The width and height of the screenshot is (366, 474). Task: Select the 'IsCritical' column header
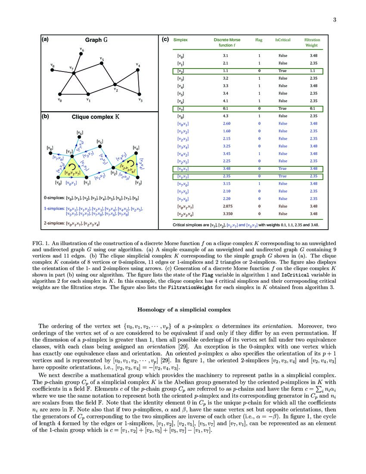[283, 40]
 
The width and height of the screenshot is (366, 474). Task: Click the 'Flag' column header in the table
[259, 40]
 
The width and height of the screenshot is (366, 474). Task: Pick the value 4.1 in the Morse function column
[226, 101]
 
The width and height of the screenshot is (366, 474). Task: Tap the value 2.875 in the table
[226, 206]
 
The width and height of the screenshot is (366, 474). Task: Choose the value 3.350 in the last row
[226, 214]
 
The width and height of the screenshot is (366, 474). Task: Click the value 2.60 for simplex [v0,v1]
[226, 124]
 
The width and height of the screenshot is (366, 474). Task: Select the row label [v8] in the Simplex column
[181, 116]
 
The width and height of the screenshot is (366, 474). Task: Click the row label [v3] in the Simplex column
[181, 78]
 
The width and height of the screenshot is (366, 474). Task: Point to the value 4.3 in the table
[226, 116]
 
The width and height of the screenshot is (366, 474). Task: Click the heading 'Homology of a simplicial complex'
[184, 309]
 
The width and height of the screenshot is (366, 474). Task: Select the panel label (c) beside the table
[165, 40]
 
